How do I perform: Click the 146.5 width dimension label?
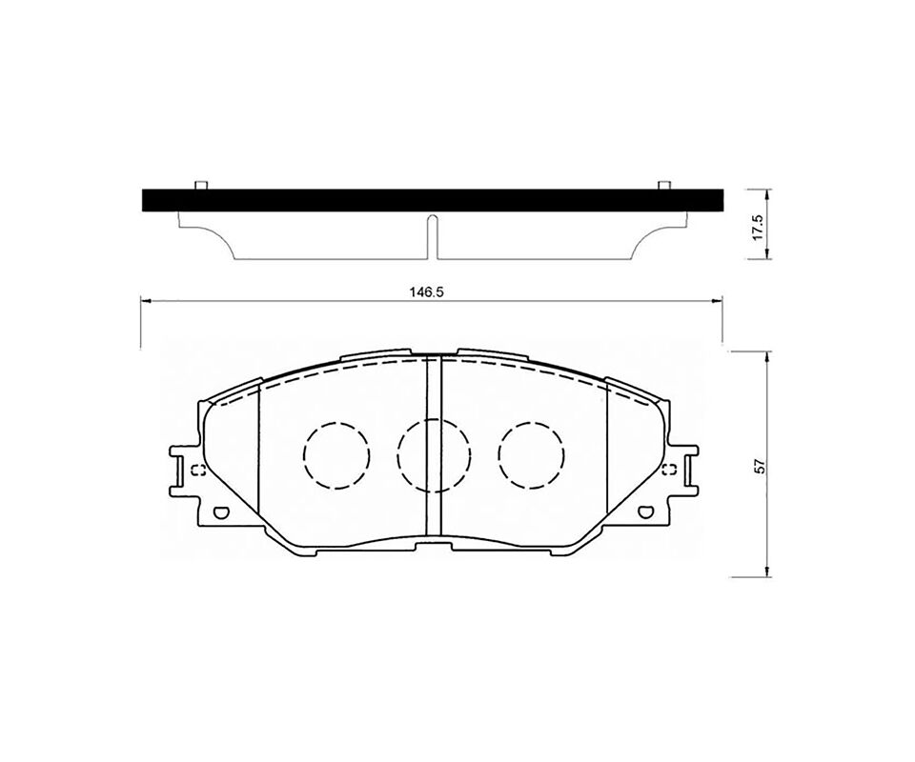click(432, 292)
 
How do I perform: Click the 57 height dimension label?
click(760, 466)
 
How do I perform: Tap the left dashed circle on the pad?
click(336, 455)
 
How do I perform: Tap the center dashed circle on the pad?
click(434, 455)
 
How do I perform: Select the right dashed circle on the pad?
click(532, 455)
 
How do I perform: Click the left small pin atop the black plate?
click(201, 186)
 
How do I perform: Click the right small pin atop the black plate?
click(663, 186)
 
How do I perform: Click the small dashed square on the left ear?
click(198, 470)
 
